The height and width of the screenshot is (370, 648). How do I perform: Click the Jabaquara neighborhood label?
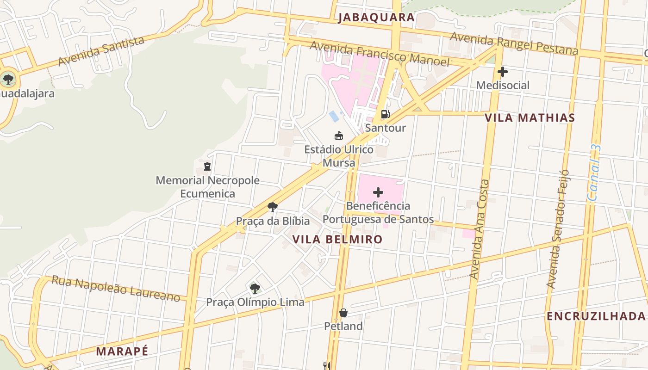[376, 18]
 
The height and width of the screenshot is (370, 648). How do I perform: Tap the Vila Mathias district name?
[530, 117]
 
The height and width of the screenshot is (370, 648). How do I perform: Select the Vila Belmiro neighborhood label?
[338, 239]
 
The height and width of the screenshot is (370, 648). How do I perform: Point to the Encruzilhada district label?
[596, 316]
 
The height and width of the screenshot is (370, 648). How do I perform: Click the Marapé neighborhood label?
[122, 351]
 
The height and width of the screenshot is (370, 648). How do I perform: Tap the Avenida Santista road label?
[101, 51]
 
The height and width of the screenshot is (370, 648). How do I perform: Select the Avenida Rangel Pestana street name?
[514, 43]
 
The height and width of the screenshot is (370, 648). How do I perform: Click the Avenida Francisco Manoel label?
[379, 54]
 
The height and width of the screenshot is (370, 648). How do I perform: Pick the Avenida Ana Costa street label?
[479, 229]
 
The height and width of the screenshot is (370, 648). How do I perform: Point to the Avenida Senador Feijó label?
[557, 229]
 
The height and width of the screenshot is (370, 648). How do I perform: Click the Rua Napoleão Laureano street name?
[115, 288]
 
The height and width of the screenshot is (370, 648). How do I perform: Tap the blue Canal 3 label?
[594, 173]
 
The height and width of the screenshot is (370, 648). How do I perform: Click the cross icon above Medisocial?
[502, 72]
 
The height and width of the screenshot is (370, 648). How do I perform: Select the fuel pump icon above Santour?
[385, 114]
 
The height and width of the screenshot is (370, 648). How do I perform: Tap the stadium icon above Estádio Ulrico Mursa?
[339, 136]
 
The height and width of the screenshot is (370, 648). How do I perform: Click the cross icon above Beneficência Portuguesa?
[378, 192]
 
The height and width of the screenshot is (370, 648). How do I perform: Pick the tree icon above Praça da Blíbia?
[273, 207]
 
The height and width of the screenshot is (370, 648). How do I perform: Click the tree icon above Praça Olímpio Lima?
[255, 289]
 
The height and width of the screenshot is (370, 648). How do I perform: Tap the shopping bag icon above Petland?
[343, 313]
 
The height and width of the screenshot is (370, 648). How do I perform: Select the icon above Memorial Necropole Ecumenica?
[207, 166]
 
